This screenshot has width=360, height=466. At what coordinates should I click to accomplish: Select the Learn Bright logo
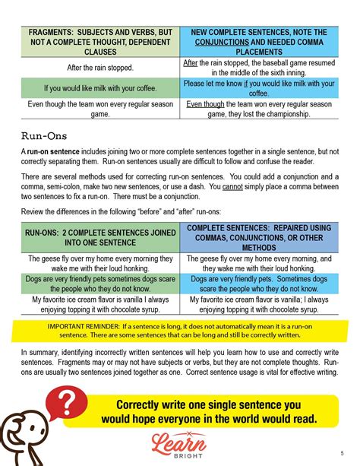click(179, 442)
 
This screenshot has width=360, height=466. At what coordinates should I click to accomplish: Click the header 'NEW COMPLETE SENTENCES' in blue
click(259, 43)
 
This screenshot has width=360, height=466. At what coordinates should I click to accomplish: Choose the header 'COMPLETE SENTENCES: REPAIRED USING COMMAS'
click(259, 237)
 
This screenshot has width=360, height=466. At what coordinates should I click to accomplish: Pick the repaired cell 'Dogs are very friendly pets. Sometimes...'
click(259, 284)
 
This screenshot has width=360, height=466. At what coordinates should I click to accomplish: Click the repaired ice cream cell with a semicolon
click(259, 304)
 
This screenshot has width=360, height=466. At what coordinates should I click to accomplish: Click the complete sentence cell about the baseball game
click(259, 68)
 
